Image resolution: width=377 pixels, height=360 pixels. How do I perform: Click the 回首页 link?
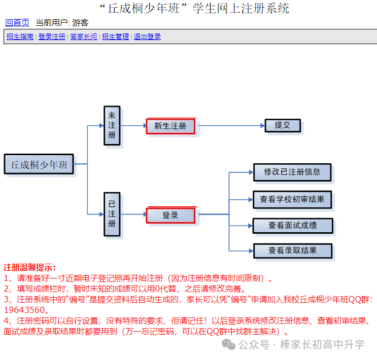pyautogui.click(x=17, y=23)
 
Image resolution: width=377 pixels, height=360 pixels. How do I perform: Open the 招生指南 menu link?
pyautogui.click(x=20, y=37)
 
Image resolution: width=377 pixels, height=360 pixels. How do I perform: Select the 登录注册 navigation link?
pyautogui.click(x=52, y=37)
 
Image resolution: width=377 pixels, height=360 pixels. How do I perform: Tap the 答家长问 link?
pyautogui.click(x=84, y=37)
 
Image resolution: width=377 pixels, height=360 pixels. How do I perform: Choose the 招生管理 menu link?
pyautogui.click(x=115, y=37)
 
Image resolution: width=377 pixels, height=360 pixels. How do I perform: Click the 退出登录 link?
pyautogui.click(x=147, y=37)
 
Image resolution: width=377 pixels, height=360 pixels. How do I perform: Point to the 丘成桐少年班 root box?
pyautogui.click(x=39, y=164)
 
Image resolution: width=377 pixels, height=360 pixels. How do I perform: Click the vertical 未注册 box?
pyautogui.click(x=112, y=126)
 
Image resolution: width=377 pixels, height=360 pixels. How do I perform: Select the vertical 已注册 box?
pyautogui.click(x=112, y=214)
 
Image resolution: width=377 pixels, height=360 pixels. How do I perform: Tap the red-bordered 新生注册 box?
pyautogui.click(x=170, y=126)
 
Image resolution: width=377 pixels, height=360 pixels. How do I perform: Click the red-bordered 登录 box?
pyautogui.click(x=170, y=215)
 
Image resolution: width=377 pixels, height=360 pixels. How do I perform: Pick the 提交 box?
pyautogui.click(x=283, y=125)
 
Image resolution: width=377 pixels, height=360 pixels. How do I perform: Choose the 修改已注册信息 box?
pyautogui.click(x=292, y=172)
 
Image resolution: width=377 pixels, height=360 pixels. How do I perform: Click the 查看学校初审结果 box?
pyautogui.click(x=292, y=199)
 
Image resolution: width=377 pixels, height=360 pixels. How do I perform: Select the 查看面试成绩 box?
pyautogui.click(x=293, y=226)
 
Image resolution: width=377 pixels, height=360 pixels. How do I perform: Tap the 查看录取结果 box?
pyautogui.click(x=293, y=251)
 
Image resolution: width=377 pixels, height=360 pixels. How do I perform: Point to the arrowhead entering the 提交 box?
pyautogui.click(x=262, y=125)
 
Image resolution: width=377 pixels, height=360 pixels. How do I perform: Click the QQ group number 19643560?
pyautogui.click(x=24, y=310)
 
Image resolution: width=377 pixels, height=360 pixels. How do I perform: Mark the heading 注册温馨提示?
pyautogui.click(x=29, y=268)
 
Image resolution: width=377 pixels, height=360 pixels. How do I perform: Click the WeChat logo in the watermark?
pyautogui.click(x=228, y=345)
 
